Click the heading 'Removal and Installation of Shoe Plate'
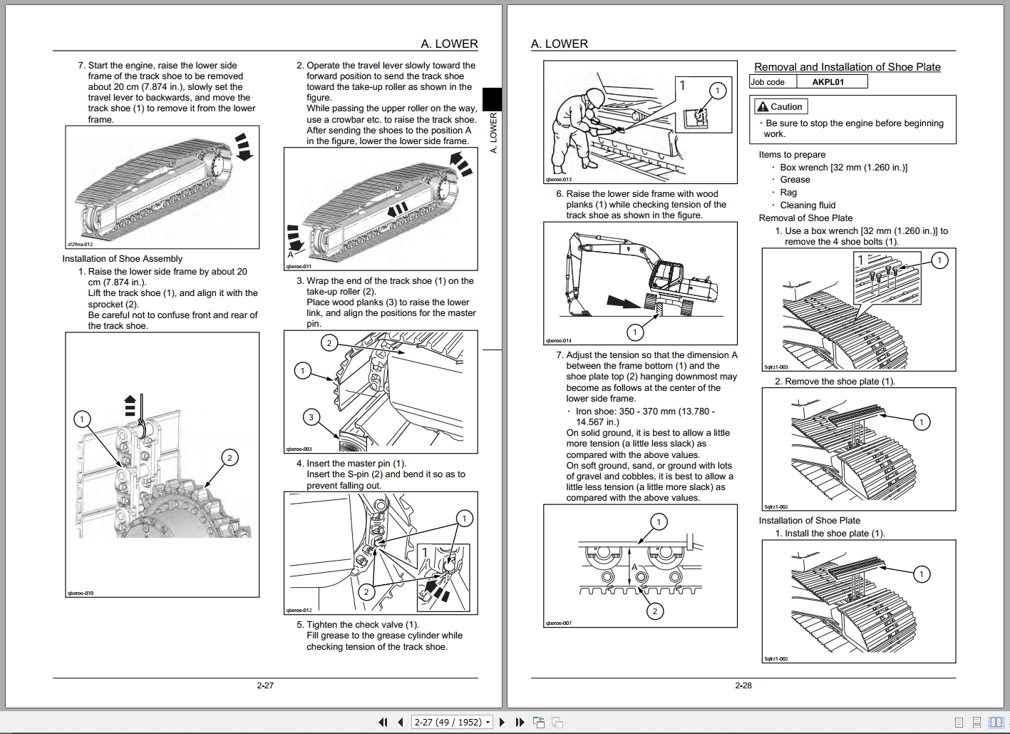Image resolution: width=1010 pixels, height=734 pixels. pos(847,67)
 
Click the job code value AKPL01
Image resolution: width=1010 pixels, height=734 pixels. pos(828,82)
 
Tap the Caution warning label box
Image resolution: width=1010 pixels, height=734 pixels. pos(780,107)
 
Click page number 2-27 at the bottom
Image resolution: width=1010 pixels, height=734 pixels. pos(265,685)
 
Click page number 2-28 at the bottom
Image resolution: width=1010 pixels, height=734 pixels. pos(743,685)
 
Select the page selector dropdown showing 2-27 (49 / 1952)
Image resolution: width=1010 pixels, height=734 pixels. pos(453,722)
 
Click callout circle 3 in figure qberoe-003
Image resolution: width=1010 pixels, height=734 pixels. pos(311,417)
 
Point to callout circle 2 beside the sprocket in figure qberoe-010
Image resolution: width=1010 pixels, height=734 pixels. pos(230,458)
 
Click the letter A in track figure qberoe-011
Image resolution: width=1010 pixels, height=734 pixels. pos(290,254)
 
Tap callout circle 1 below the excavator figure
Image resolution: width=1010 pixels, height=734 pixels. pos(634,332)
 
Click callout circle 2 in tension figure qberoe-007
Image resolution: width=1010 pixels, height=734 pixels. pos(654,611)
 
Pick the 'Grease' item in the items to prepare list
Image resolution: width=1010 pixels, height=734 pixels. pos(795,180)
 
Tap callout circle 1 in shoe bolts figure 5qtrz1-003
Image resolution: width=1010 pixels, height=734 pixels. pos(939,260)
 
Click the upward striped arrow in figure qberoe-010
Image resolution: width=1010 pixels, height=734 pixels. pos(129,404)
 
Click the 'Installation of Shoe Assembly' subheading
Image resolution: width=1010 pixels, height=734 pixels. pos(122,259)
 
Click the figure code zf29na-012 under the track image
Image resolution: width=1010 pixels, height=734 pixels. pos(80,244)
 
